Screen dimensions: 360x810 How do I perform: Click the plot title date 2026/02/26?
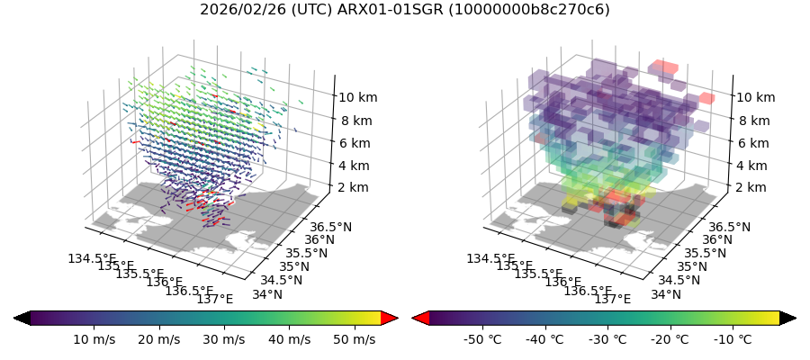[237, 10]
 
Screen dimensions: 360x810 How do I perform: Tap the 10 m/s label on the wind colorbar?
[96, 339]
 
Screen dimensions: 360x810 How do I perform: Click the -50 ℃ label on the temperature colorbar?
[481, 339]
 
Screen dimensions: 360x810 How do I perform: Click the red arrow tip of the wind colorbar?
[390, 318]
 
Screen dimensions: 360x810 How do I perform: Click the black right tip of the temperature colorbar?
[788, 318]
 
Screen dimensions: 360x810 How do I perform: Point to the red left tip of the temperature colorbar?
[419, 318]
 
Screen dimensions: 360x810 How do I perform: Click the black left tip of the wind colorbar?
[22, 318]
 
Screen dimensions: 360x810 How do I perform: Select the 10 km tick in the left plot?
[361, 97]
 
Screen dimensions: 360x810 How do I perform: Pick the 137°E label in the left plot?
[214, 299]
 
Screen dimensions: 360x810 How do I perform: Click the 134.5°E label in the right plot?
[490, 259]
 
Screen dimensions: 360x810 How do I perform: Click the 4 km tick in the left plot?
[353, 165]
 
